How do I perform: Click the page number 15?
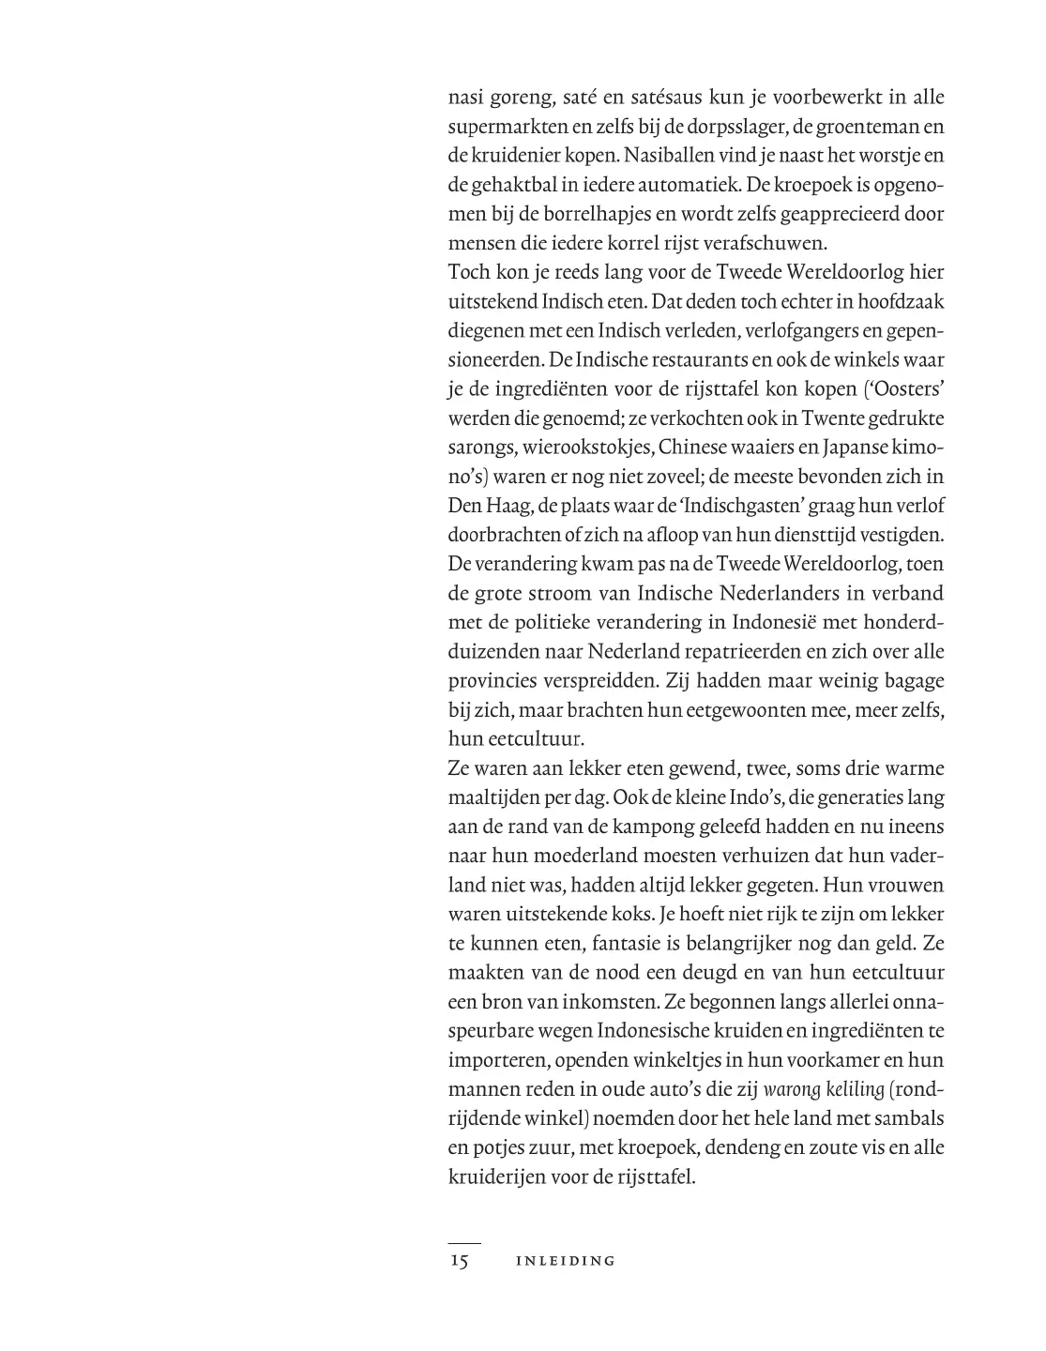459,1261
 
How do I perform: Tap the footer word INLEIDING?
566,1262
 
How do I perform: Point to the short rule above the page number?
463,1243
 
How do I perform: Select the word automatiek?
687,186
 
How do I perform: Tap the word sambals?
905,1118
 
